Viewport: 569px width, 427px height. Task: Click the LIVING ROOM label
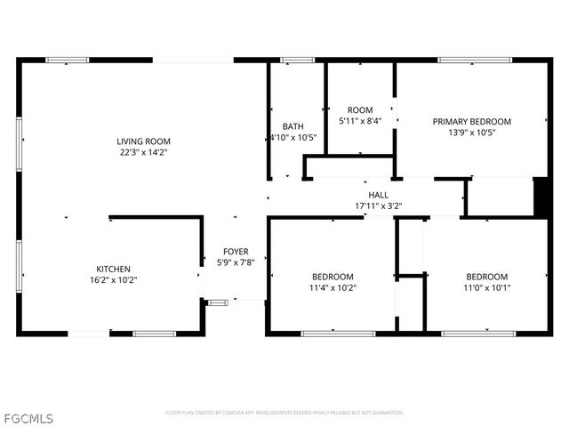143,141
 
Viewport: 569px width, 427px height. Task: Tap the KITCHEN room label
114,269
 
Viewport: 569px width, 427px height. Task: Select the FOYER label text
236,252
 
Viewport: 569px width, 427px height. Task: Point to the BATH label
293,126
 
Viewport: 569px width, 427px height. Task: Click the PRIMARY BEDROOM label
471,122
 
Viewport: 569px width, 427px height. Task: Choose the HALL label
378,195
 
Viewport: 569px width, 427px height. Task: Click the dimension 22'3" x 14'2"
143,152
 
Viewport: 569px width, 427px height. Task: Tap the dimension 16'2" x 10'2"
114,279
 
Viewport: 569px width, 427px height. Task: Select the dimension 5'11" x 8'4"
360,121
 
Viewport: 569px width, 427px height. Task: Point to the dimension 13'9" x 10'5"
471,133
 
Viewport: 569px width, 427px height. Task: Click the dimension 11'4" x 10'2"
332,287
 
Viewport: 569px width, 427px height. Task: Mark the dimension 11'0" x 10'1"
487,287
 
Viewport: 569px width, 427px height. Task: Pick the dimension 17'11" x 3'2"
378,206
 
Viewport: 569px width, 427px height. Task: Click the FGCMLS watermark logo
28,416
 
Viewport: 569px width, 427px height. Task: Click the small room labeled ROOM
360,109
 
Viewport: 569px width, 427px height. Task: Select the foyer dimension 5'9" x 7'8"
236,262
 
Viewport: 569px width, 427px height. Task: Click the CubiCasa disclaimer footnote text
284,413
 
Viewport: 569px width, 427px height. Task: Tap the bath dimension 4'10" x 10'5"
293,137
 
